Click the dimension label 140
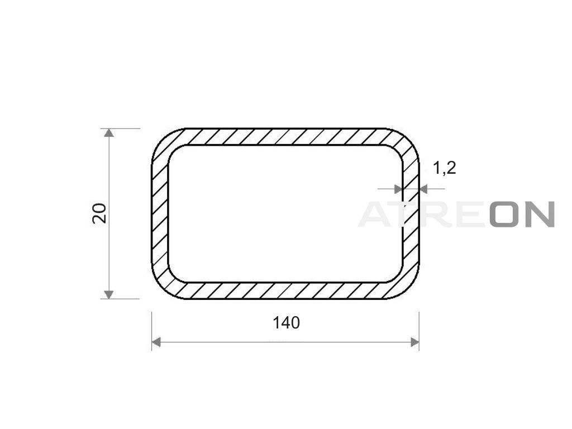(287, 323)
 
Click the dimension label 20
(99, 213)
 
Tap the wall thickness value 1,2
(444, 168)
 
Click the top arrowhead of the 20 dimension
(108, 133)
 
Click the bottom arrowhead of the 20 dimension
(108, 294)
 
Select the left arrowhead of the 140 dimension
(156, 342)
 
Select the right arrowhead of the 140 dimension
(415, 342)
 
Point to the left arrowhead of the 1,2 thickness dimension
(398, 189)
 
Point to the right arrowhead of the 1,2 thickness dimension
(423, 189)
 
